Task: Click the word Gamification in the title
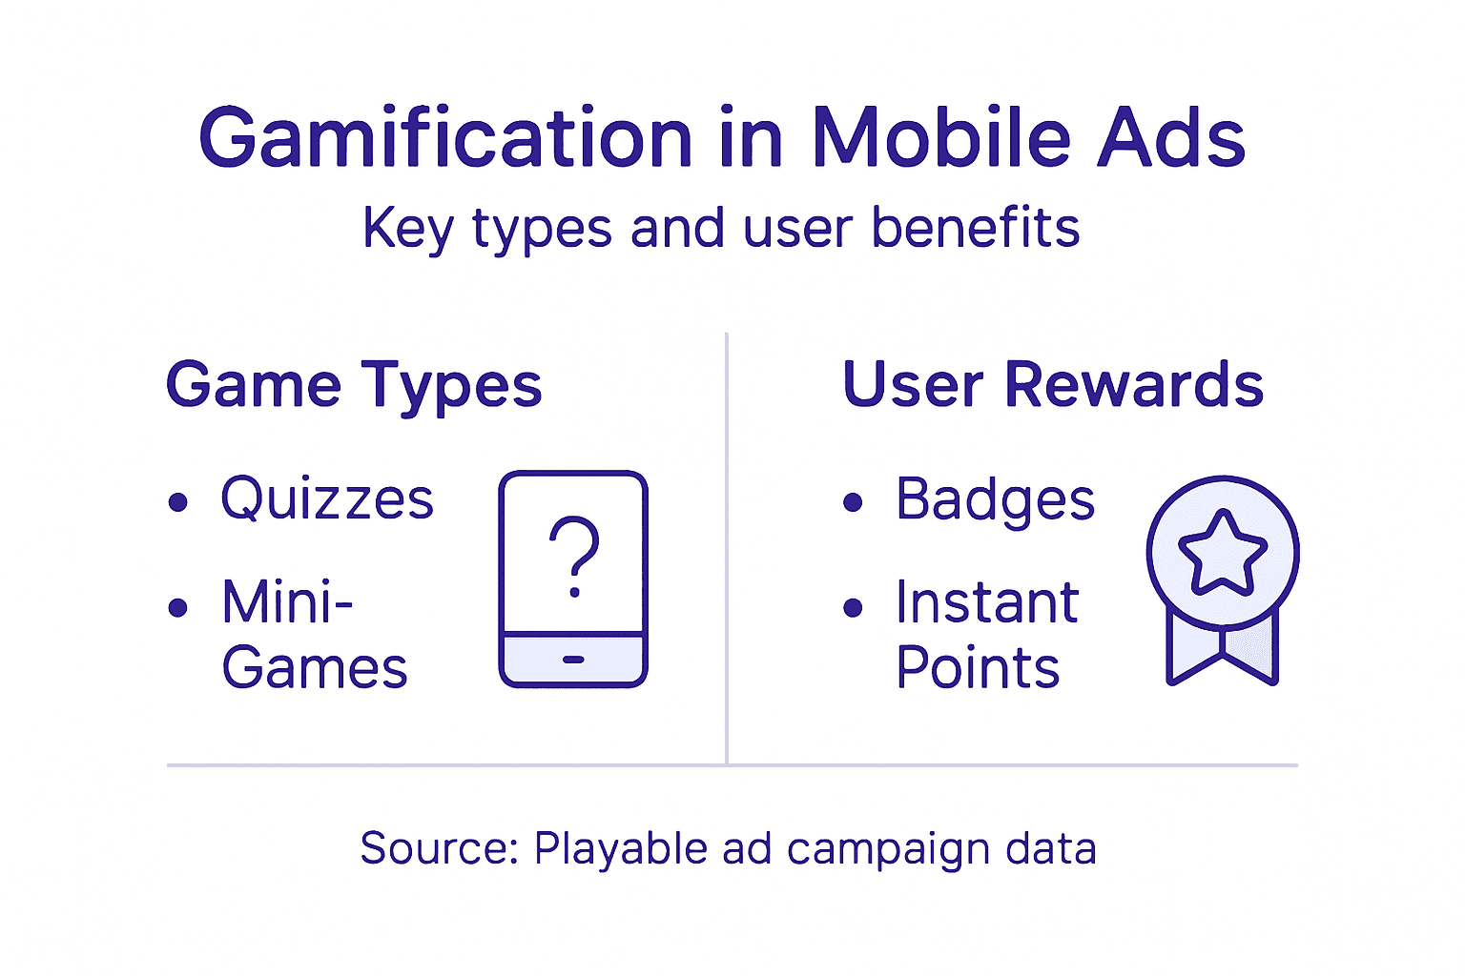tap(444, 139)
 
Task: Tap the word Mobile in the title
tap(940, 139)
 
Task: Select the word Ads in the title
tap(1171, 139)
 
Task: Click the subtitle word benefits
tap(975, 229)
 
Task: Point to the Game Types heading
tap(354, 386)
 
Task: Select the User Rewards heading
tap(1053, 385)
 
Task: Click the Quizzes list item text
tap(327, 499)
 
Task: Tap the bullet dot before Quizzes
tap(178, 502)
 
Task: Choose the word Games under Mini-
tap(315, 667)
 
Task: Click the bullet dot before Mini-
tap(178, 607)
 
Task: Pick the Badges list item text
tap(995, 499)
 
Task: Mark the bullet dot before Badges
tap(854, 502)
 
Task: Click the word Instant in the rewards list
tap(987, 602)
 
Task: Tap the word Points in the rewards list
tap(978, 667)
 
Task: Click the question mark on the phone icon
tap(574, 556)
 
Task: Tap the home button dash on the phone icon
tap(573, 660)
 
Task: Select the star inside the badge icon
tap(1223, 552)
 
